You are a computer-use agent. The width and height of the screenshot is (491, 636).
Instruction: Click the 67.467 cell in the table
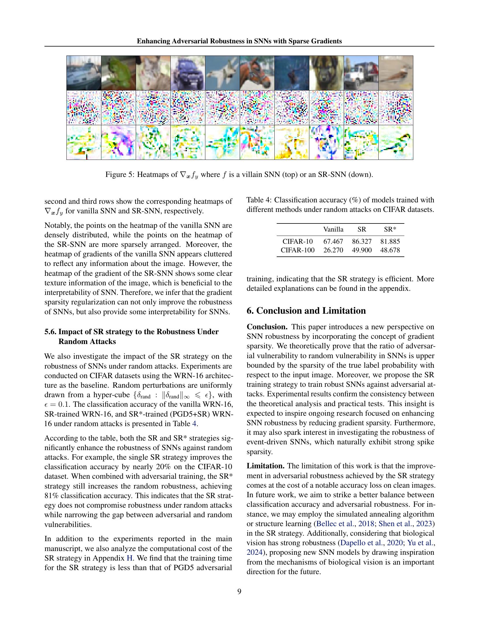(x=333, y=241)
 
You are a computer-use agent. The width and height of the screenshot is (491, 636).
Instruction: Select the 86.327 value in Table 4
(x=362, y=241)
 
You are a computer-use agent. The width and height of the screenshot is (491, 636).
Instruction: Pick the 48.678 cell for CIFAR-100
(x=390, y=250)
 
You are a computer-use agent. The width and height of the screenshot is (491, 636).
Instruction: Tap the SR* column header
(x=390, y=230)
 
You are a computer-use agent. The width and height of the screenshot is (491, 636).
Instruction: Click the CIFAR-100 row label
(x=297, y=250)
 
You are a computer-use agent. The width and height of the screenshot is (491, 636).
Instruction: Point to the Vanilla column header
(x=333, y=230)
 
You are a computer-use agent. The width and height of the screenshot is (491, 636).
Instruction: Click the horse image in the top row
(x=257, y=73)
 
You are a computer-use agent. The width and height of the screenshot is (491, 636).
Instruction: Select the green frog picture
(x=118, y=73)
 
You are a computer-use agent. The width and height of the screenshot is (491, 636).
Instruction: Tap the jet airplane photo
(x=222, y=73)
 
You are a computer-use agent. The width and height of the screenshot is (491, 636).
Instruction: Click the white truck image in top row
(x=361, y=73)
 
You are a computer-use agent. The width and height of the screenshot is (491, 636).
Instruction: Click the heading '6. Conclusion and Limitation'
(x=306, y=311)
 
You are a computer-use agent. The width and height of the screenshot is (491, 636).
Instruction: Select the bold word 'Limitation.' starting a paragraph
(x=265, y=466)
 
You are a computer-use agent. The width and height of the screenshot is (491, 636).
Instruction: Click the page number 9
(x=239, y=591)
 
